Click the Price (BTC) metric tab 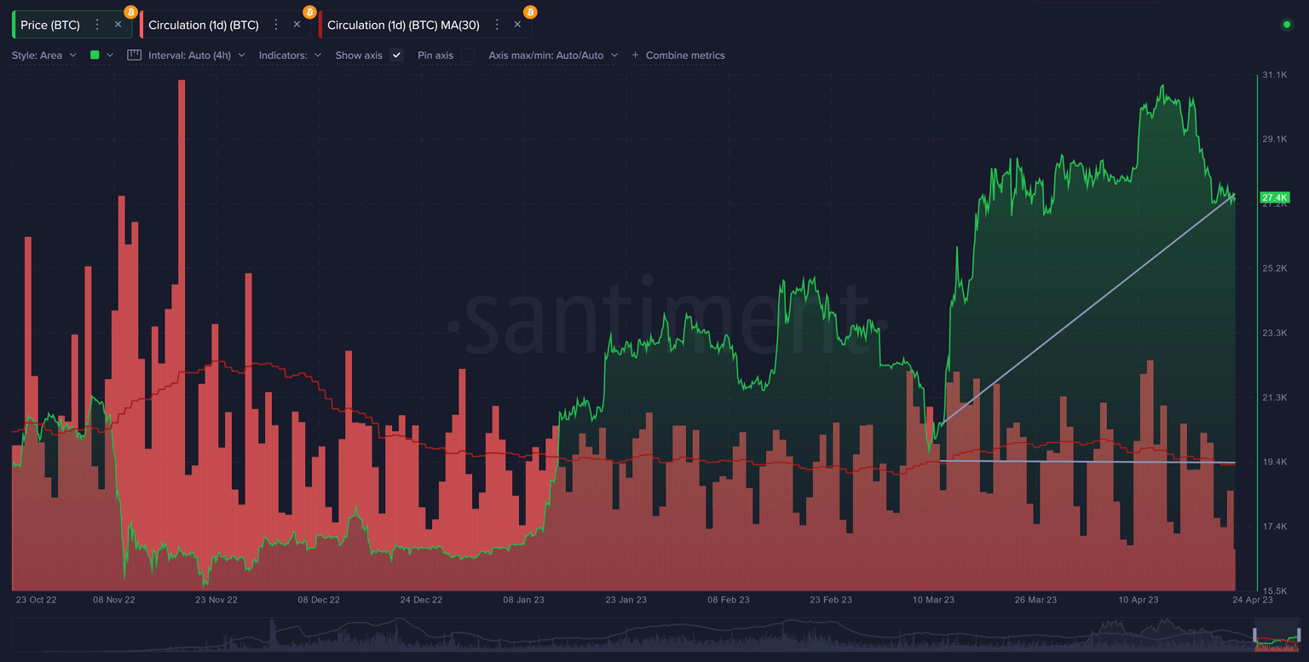tap(50, 25)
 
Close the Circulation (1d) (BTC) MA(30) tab tap(517, 25)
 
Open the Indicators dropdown tap(290, 55)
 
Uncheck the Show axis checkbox tap(396, 55)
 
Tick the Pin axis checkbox tap(468, 55)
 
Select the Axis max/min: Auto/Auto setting tap(552, 55)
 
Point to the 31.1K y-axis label tap(1275, 75)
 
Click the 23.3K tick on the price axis tap(1275, 333)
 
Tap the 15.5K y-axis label tap(1275, 590)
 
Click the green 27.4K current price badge tap(1275, 198)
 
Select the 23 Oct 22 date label tap(37, 600)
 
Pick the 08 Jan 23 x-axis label tap(523, 600)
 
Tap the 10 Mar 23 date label tap(933, 600)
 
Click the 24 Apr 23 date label tap(1253, 600)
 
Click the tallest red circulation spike tap(182, 85)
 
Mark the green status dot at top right tap(1287, 25)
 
